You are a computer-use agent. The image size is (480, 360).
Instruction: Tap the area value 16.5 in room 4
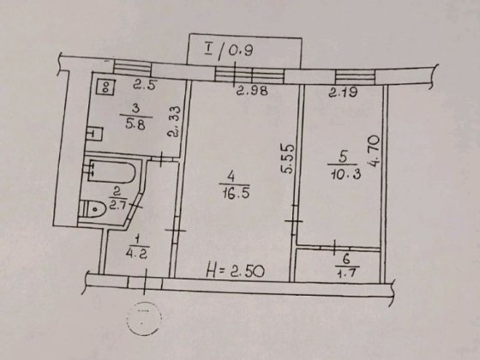[229, 195]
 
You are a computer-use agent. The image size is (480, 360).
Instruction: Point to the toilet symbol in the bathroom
[93, 207]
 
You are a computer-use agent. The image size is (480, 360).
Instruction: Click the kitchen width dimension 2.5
[144, 84]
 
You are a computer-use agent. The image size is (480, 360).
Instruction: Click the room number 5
[340, 157]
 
